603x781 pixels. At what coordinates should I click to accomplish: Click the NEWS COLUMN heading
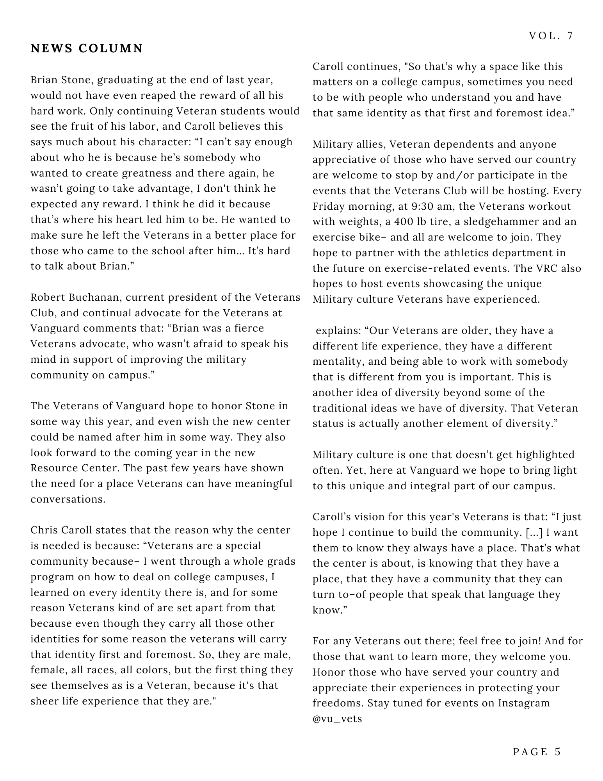(87, 48)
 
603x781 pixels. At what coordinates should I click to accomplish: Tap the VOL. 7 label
(551, 36)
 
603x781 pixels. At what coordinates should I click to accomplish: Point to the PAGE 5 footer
(537, 752)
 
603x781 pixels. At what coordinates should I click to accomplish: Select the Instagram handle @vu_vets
(337, 719)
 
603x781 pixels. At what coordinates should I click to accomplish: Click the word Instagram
(524, 703)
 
